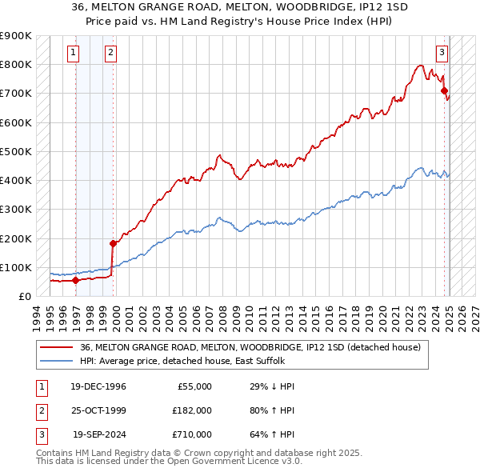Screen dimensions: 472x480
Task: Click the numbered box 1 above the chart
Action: pyautogui.click(x=73, y=54)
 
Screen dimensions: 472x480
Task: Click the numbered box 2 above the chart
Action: pyautogui.click(x=110, y=54)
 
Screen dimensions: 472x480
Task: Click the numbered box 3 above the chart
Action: pyautogui.click(x=441, y=54)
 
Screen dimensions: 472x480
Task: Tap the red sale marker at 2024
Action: pyautogui.click(x=444, y=91)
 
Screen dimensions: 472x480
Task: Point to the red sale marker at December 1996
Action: pyautogui.click(x=76, y=280)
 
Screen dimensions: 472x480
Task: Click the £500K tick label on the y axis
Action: pyautogui.click(x=16, y=151)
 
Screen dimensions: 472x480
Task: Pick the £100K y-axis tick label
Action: pyautogui.click(x=16, y=267)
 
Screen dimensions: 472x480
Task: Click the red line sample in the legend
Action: pyautogui.click(x=56, y=347)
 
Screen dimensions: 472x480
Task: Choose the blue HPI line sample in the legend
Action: pyautogui.click(x=56, y=361)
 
